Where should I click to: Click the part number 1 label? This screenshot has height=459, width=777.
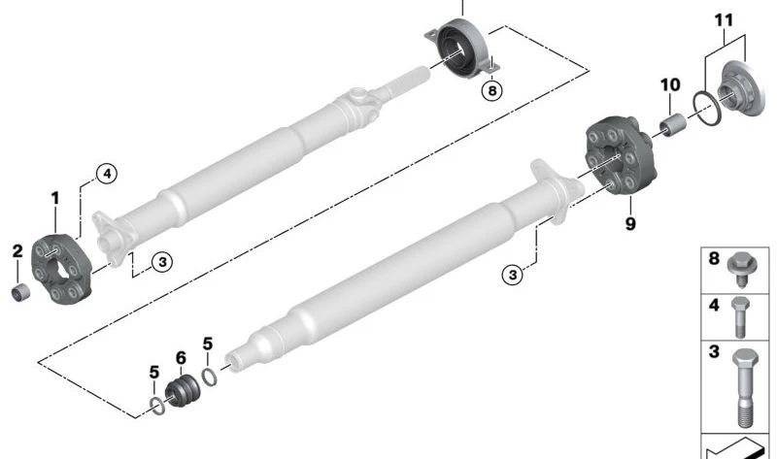(x=55, y=198)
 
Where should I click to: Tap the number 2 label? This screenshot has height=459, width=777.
(x=17, y=252)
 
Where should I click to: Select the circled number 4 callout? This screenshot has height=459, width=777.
(x=106, y=174)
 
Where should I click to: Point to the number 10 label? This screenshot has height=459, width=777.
(x=670, y=84)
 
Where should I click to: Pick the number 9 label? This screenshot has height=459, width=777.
(x=630, y=225)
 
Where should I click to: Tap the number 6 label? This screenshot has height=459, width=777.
(x=181, y=358)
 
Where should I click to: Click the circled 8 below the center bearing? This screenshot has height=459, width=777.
(x=492, y=90)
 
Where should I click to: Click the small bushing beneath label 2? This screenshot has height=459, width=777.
(x=20, y=290)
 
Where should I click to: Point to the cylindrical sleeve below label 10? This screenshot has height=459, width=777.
(x=670, y=127)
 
